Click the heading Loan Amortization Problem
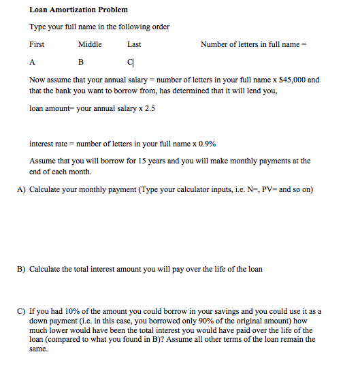(x=78, y=10)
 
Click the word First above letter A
(x=37, y=44)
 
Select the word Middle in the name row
(x=90, y=44)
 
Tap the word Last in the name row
(x=134, y=44)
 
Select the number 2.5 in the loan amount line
(x=149, y=108)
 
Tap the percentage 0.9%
(x=206, y=144)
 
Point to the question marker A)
(x=21, y=189)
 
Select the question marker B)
(x=21, y=269)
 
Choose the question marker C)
(x=21, y=311)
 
